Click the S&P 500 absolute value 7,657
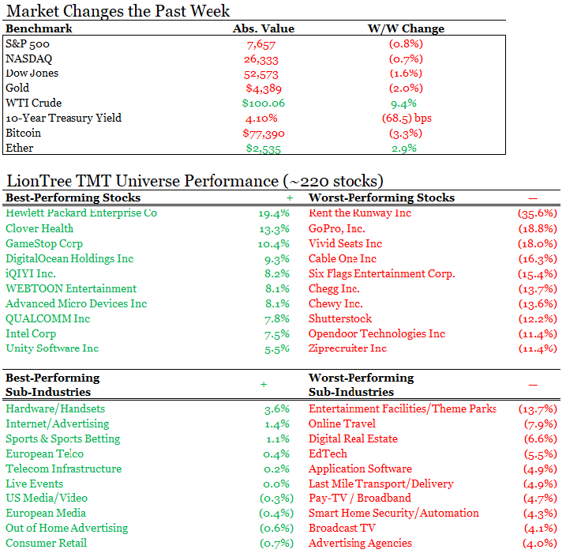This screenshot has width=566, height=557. (x=261, y=45)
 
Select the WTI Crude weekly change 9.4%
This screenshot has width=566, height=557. (x=403, y=104)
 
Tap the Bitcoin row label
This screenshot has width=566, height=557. (x=23, y=133)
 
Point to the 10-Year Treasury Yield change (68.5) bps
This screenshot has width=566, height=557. (x=407, y=119)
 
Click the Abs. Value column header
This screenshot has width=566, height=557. (x=263, y=28)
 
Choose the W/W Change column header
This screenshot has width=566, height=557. (x=406, y=28)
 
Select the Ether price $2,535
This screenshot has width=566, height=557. (x=263, y=149)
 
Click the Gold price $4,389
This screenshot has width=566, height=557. (x=264, y=88)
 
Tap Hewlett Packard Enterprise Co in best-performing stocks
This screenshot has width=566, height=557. (x=81, y=213)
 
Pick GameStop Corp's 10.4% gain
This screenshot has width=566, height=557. (x=273, y=244)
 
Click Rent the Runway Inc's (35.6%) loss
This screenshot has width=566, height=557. (x=537, y=213)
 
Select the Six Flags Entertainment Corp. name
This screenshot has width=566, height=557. (x=381, y=274)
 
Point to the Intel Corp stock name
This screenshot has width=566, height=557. (x=31, y=333)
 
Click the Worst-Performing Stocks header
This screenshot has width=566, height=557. (x=381, y=198)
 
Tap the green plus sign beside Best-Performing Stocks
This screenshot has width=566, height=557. (x=290, y=198)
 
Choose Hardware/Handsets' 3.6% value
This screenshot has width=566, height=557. (x=277, y=409)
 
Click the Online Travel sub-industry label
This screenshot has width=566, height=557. (x=342, y=423)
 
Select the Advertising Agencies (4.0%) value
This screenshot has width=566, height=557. (x=540, y=544)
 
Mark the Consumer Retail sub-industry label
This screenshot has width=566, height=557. (x=47, y=543)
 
